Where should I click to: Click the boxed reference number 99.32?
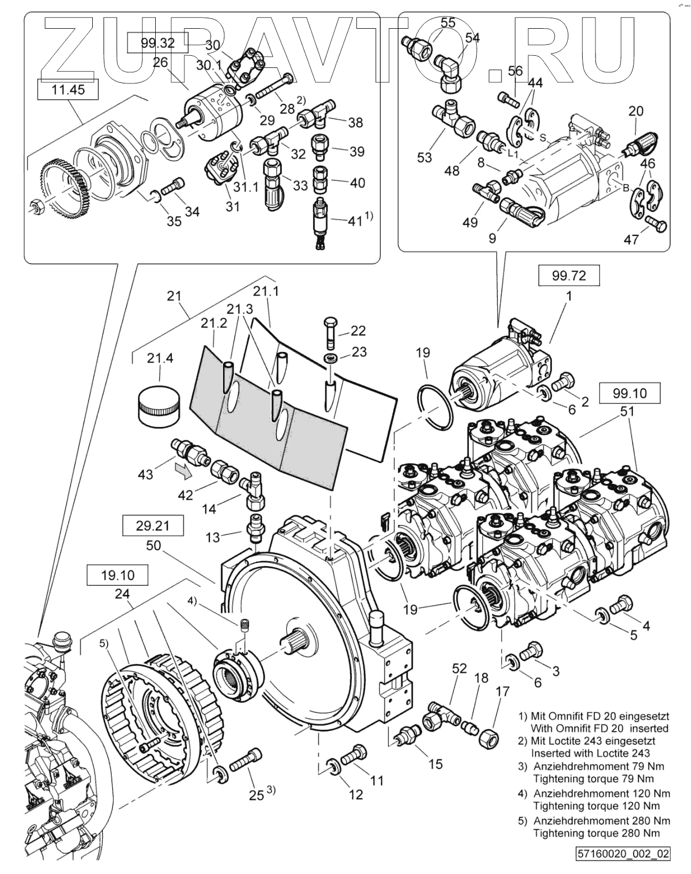[157, 43]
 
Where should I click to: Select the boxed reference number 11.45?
[68, 89]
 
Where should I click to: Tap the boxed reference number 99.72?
[568, 275]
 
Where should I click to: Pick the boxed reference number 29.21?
[153, 525]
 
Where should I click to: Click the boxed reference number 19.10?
[117, 576]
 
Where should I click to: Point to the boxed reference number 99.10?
[629, 393]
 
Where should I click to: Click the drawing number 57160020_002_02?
[623, 854]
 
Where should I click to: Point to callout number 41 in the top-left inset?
[354, 221]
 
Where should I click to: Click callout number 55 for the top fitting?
[448, 23]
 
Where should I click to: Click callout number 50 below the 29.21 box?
[154, 546]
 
